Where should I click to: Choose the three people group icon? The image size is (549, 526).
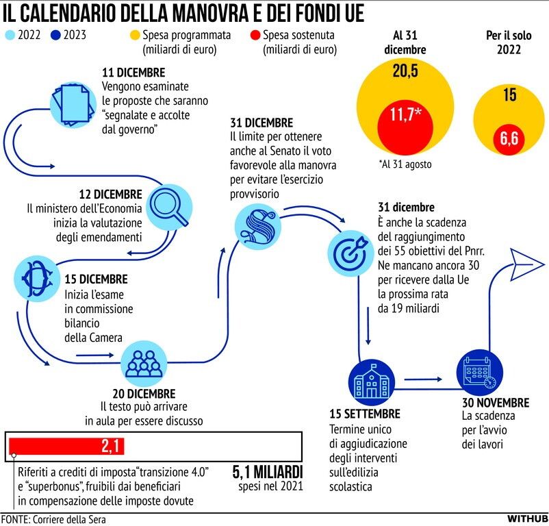click(x=144, y=364)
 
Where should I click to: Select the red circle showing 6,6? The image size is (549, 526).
click(x=508, y=139)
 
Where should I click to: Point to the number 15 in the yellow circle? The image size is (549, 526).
click(x=509, y=95)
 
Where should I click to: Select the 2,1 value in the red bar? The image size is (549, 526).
click(x=112, y=447)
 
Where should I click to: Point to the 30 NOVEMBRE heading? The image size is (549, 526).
click(x=495, y=403)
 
